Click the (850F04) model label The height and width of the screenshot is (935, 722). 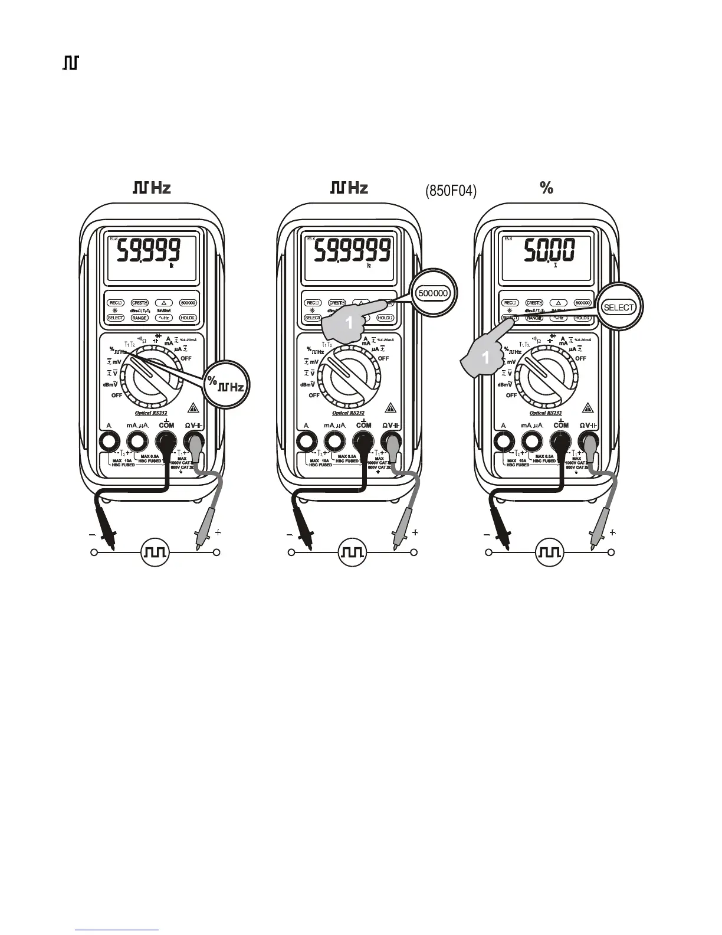point(451,191)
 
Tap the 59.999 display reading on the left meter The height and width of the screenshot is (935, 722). point(148,252)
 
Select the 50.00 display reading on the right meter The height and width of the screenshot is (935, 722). point(549,251)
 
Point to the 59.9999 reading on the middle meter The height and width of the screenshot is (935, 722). point(352,252)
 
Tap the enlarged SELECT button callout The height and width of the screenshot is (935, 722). point(618,308)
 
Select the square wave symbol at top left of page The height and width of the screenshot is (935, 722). point(71,63)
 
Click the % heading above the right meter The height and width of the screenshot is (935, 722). point(546,188)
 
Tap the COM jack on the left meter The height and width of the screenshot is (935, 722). point(166,441)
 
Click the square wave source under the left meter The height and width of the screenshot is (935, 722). point(156,552)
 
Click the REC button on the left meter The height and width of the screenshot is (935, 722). point(116,303)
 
